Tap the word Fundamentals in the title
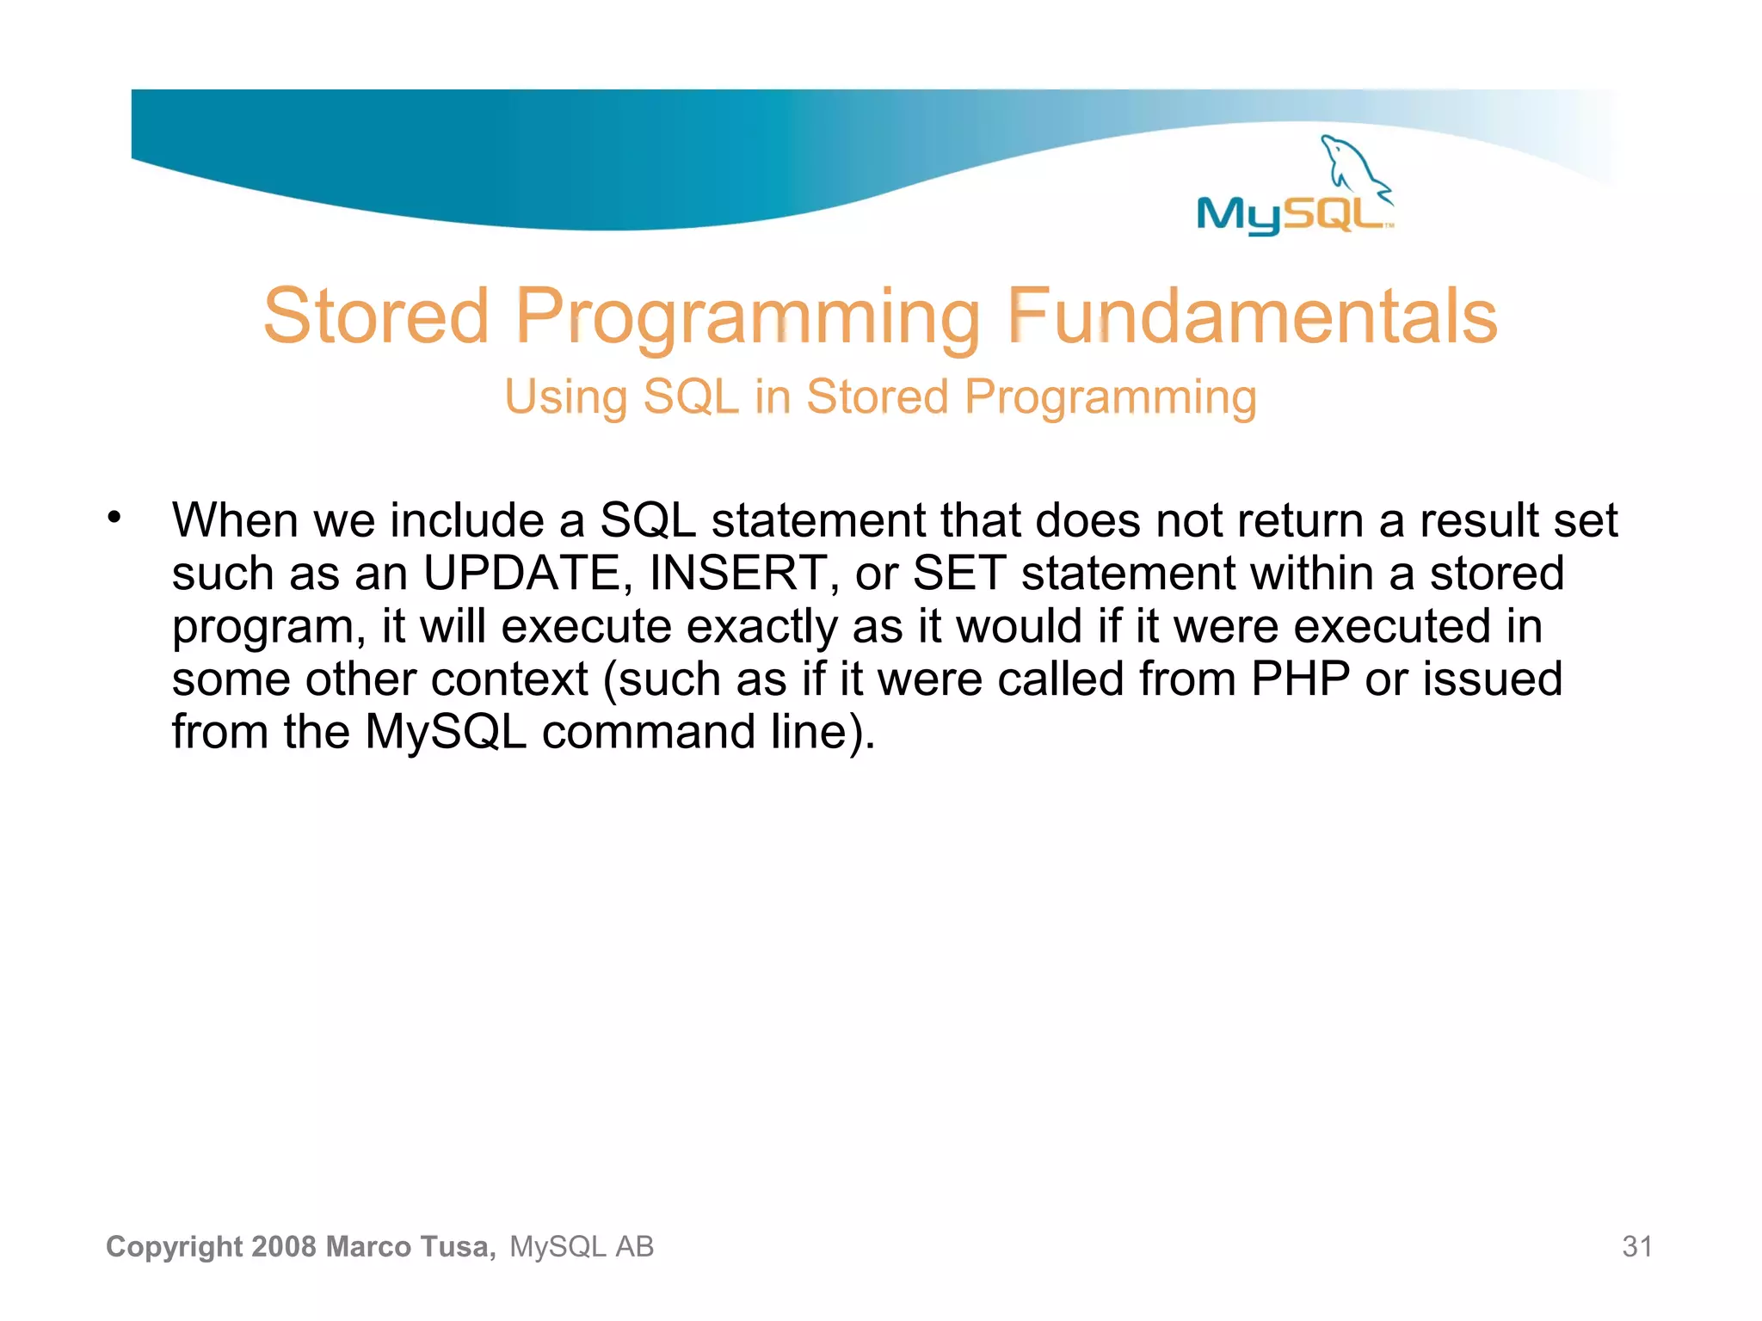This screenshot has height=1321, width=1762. pos(1252,316)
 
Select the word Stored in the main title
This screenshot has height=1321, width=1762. pos(376,316)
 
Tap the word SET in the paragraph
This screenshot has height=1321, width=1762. pos(958,573)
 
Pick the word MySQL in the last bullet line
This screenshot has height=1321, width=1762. pos(445,732)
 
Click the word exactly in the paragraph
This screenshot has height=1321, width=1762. pos(761,626)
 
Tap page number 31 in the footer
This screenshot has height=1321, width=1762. pos(1636,1246)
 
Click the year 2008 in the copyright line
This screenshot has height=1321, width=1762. pos(285,1246)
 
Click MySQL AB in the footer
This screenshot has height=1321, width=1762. pos(582,1246)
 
